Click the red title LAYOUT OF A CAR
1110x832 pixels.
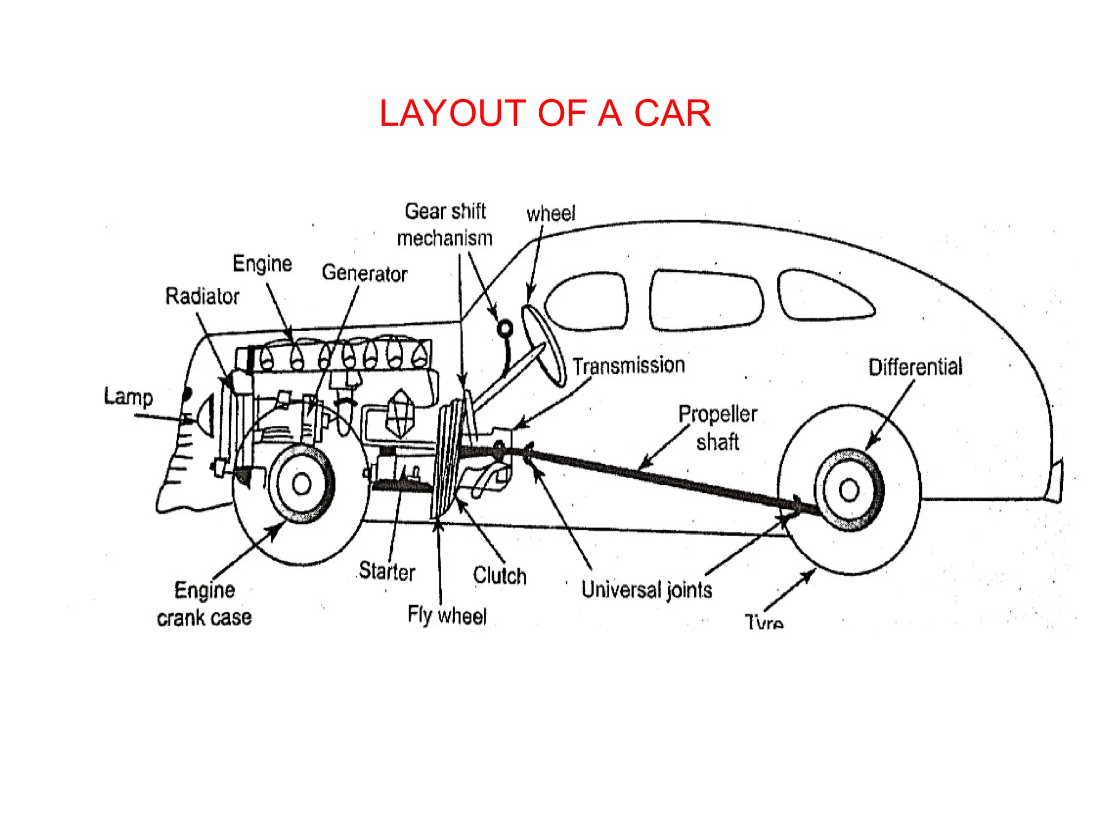click(x=545, y=114)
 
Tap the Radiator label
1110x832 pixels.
click(x=202, y=296)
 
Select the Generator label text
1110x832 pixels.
click(x=364, y=273)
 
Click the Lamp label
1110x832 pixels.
click(x=128, y=396)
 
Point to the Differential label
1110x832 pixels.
click(x=915, y=367)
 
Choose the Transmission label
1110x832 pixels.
click(x=629, y=366)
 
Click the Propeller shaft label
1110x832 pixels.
click(x=718, y=428)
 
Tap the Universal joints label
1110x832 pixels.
click(x=647, y=589)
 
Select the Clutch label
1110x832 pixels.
click(x=500, y=575)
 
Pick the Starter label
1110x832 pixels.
click(x=387, y=571)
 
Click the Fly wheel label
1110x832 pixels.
click(x=447, y=615)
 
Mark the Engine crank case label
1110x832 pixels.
click(x=204, y=604)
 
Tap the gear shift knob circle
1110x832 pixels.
click(x=505, y=328)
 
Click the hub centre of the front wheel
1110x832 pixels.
click(x=302, y=484)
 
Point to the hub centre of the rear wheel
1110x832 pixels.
click(x=849, y=491)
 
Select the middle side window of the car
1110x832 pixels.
click(x=706, y=300)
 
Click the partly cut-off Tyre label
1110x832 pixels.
click(x=764, y=622)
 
